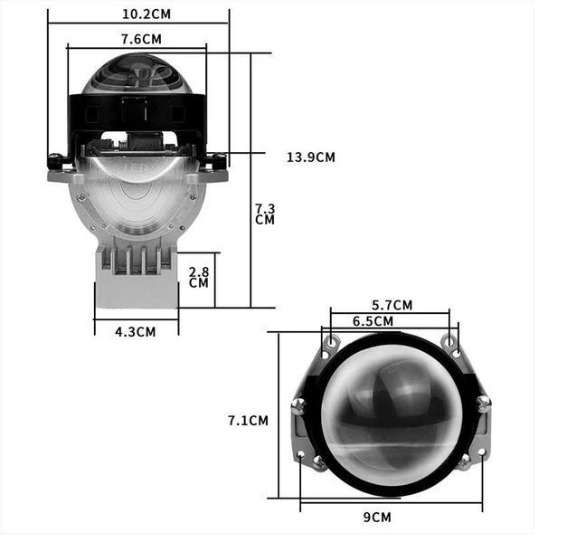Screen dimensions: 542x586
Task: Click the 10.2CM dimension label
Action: [146, 14]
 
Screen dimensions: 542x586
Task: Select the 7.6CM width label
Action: [141, 38]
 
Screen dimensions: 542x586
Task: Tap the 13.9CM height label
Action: [310, 157]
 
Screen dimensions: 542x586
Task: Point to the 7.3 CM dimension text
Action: [264, 214]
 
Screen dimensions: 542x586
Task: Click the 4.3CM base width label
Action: [135, 331]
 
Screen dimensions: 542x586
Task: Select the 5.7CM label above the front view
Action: [392, 305]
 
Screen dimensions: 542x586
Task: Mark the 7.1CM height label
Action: [247, 420]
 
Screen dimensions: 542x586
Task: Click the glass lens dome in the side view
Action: [137, 74]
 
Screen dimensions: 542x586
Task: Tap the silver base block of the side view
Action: [136, 290]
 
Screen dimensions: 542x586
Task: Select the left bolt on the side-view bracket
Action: [56, 163]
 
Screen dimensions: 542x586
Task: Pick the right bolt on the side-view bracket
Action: [217, 163]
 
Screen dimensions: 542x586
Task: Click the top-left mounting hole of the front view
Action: [332, 341]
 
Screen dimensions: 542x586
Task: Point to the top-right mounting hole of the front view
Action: [449, 341]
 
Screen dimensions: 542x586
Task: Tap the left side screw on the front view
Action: [298, 406]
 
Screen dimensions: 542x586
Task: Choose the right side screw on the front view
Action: [484, 404]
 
